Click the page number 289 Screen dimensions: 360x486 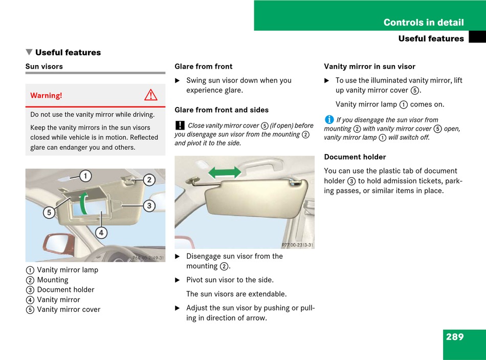pos(454,337)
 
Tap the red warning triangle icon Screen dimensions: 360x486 pos(150,95)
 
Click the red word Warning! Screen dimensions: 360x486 pos(46,95)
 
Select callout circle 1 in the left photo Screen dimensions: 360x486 pos(85,176)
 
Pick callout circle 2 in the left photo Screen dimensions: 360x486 pos(149,180)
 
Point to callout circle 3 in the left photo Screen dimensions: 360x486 pos(149,206)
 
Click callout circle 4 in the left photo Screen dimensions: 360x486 pos(101,232)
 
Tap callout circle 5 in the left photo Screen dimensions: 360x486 pos(49,212)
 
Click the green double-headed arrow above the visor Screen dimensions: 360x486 pos(225,173)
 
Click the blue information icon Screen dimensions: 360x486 pos(329,119)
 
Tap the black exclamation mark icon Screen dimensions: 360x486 pos(180,125)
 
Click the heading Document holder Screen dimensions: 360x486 pos(355,157)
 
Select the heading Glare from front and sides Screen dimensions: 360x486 pos(222,110)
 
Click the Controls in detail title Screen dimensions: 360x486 pos(424,23)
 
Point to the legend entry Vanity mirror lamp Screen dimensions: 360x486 pos(68,270)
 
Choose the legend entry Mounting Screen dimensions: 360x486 pos(53,280)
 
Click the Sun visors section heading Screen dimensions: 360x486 pos(44,67)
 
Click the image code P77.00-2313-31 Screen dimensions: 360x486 pos(297,245)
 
